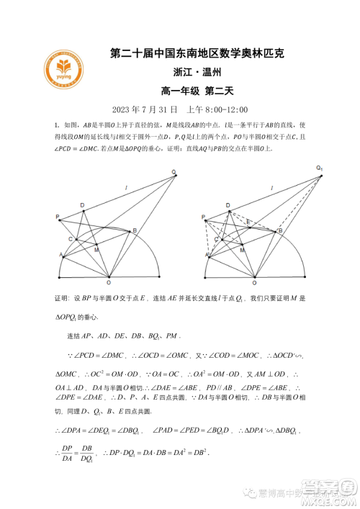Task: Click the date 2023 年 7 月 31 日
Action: tap(145, 109)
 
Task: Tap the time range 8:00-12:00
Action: tap(225, 109)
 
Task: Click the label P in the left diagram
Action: tap(57, 216)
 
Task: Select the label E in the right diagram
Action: tap(247, 222)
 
